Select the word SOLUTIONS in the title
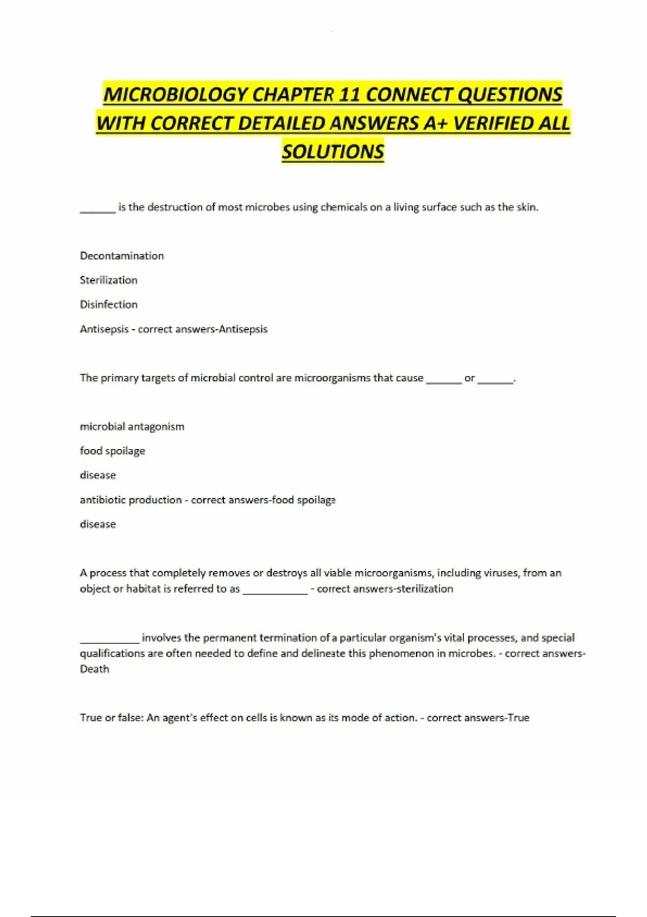(333, 152)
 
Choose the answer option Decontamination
(122, 256)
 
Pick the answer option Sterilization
(108, 280)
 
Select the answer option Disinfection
(108, 304)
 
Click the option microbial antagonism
(132, 427)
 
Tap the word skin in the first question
(527, 207)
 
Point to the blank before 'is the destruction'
(98, 211)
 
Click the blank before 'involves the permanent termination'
(109, 641)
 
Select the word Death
(94, 669)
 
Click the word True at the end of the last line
(518, 718)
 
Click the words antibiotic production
(131, 500)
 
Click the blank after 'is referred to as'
(275, 592)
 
